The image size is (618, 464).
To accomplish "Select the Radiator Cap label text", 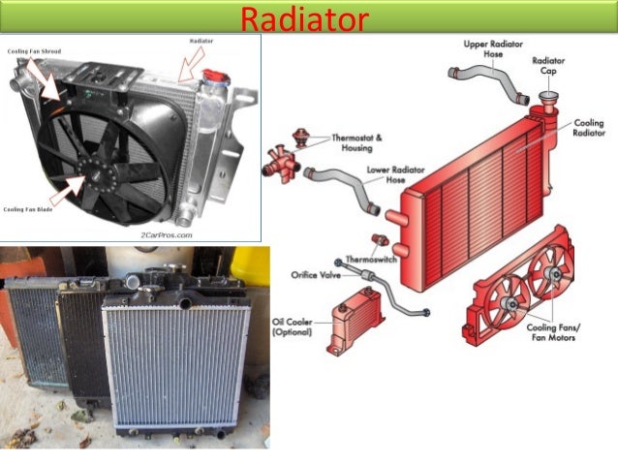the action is point(549,66).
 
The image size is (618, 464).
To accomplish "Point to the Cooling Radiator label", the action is point(589,129).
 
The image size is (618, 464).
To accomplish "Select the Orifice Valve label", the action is point(317,275).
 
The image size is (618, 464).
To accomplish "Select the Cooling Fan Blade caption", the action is point(30,208).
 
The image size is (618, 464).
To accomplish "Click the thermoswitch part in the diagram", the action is point(380,240).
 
